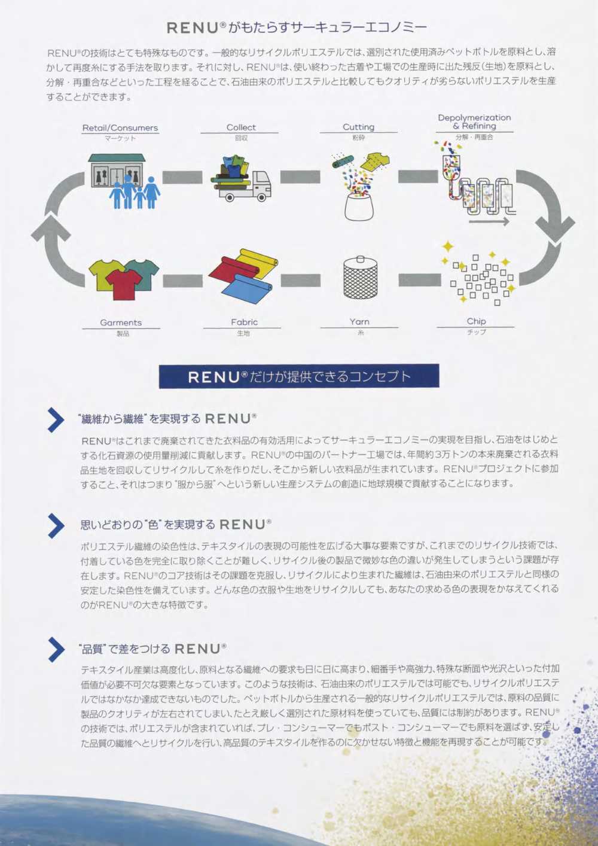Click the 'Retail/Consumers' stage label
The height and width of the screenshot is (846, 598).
(120, 127)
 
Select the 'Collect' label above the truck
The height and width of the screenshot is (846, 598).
(241, 127)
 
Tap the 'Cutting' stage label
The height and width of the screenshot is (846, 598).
(358, 127)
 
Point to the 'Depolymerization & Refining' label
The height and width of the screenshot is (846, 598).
(474, 121)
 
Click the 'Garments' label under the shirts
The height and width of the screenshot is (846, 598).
(121, 322)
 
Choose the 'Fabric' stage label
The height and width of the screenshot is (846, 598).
(244, 322)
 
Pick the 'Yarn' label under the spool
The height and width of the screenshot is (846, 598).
(359, 322)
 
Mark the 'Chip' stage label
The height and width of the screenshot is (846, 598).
(475, 321)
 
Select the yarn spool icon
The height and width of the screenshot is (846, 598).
(360, 277)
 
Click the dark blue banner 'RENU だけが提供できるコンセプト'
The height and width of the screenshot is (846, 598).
(298, 376)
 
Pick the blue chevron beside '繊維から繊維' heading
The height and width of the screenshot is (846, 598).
(56, 419)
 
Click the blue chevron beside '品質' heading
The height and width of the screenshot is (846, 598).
(56, 649)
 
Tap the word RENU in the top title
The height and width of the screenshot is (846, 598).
(193, 28)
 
